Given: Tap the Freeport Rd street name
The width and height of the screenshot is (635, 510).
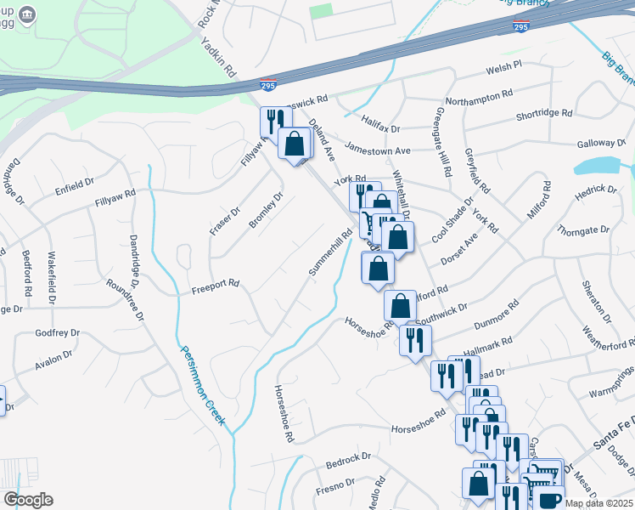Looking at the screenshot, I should (x=215, y=284).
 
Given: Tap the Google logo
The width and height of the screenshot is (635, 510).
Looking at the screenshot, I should (x=27, y=500).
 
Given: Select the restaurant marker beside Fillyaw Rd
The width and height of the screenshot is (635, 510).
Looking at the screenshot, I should (x=273, y=121).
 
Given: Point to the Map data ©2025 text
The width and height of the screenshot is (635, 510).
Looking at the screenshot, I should (x=598, y=503).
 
